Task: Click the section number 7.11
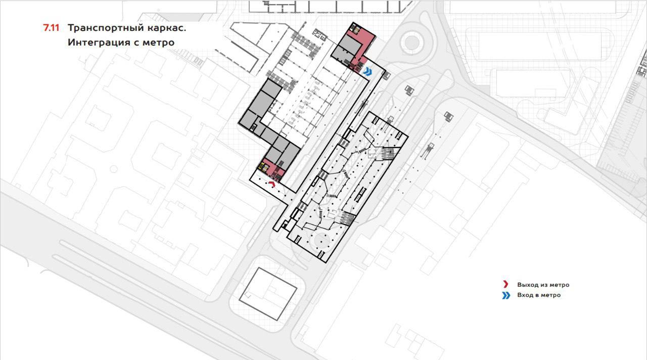[51, 28]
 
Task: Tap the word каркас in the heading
[166, 28]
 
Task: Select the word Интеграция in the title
[98, 42]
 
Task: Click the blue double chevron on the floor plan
[367, 71]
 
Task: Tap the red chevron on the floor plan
[272, 185]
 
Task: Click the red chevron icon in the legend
[505, 284]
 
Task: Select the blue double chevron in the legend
[506, 295]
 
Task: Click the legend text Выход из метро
[543, 285]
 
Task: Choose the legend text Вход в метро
[539, 295]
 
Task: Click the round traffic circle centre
[412, 43]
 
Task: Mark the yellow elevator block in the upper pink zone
[355, 29]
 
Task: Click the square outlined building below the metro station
[268, 294]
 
